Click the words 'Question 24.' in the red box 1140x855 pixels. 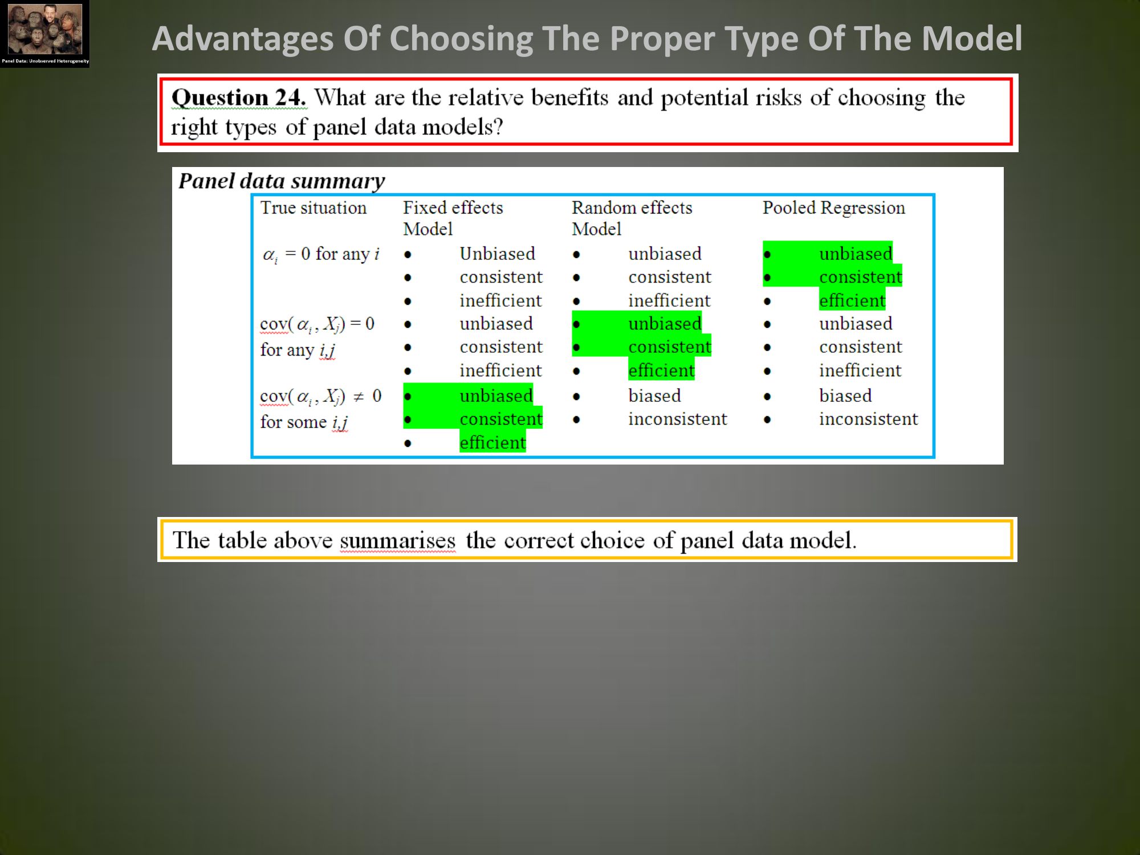[239, 97]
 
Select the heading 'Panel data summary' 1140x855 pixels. [282, 181]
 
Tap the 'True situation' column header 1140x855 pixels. [313, 207]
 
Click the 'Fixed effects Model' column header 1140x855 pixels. [453, 218]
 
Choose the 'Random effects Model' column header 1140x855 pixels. [632, 218]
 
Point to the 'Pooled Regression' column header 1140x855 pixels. [834, 207]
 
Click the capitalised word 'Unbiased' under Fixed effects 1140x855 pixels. [498, 253]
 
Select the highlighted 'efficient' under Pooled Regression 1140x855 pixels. [852, 300]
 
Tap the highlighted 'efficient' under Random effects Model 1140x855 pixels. [661, 370]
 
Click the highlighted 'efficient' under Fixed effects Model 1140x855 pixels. [492, 442]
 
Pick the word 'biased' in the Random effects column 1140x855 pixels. [654, 396]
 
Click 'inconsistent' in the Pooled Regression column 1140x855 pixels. [869, 419]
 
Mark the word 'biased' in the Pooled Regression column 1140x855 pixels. [845, 396]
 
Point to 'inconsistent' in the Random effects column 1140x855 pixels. [678, 419]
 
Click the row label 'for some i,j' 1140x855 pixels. [304, 422]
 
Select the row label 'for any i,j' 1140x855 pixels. [298, 350]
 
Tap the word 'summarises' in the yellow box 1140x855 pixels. [398, 540]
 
